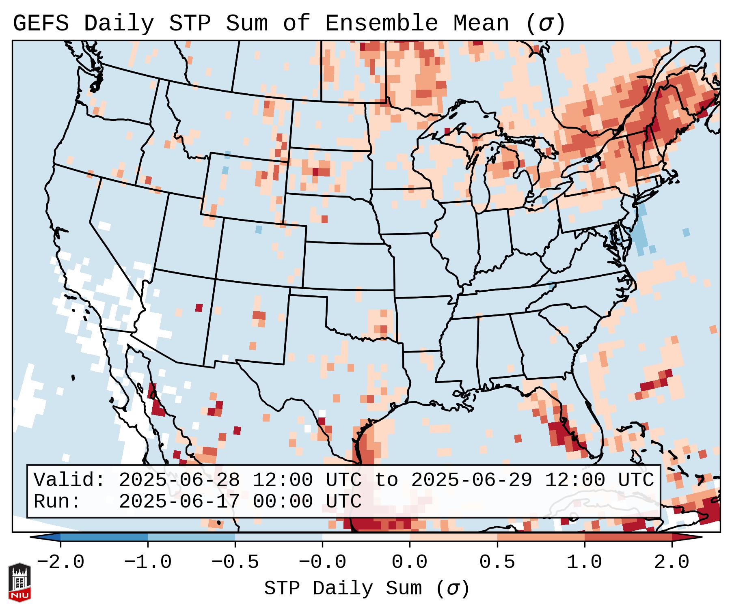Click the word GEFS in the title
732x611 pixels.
click(41, 24)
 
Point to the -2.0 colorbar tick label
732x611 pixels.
click(60, 562)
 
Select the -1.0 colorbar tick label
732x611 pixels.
click(148, 562)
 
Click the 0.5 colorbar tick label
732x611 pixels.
click(497, 562)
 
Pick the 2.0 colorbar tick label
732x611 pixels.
click(672, 562)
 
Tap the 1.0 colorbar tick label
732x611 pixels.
click(584, 562)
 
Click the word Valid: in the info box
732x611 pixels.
click(69, 480)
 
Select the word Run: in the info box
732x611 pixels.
click(57, 501)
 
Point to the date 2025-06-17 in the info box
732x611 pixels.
click(179, 501)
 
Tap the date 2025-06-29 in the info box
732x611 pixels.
click(471, 480)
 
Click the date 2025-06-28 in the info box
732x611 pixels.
click(179, 480)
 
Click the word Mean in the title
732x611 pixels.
click(481, 24)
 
